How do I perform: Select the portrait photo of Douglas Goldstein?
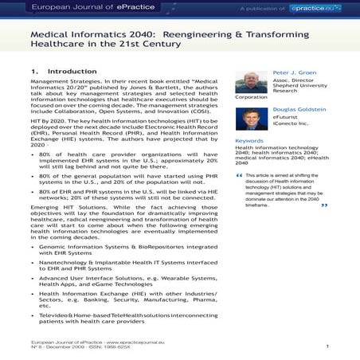(251, 119)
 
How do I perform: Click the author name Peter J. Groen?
(295, 71)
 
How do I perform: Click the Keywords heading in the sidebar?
(249, 141)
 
